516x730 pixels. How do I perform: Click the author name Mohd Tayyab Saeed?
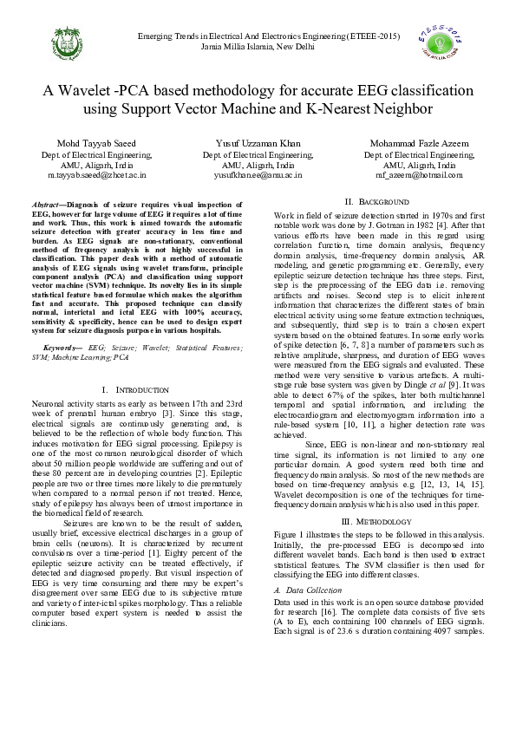[96, 143]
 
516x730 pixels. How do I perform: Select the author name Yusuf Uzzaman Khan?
[258, 143]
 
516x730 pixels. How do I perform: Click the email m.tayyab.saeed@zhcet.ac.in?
[96, 174]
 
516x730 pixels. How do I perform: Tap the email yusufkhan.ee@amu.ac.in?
[258, 174]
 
